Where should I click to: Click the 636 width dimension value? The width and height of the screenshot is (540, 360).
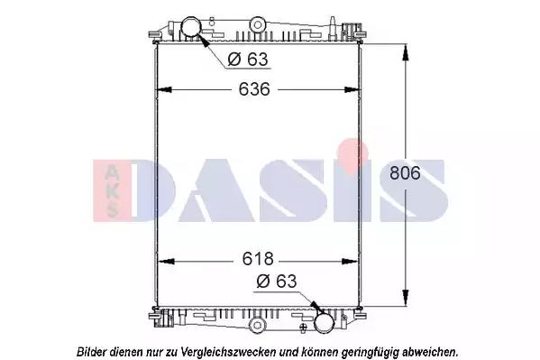[254, 89]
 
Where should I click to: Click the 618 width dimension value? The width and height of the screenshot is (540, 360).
[258, 259]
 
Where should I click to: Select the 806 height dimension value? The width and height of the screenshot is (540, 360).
[405, 172]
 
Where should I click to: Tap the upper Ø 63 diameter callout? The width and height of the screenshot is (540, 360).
[248, 60]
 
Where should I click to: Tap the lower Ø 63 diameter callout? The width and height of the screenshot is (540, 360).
[277, 282]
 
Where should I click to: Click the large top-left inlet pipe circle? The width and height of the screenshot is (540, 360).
[190, 27]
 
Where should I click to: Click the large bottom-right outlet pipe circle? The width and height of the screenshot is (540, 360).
[324, 322]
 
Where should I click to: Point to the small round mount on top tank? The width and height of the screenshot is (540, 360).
[257, 25]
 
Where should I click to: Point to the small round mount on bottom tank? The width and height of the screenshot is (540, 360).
[257, 325]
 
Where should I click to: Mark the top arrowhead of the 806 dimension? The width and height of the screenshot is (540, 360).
[406, 52]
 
